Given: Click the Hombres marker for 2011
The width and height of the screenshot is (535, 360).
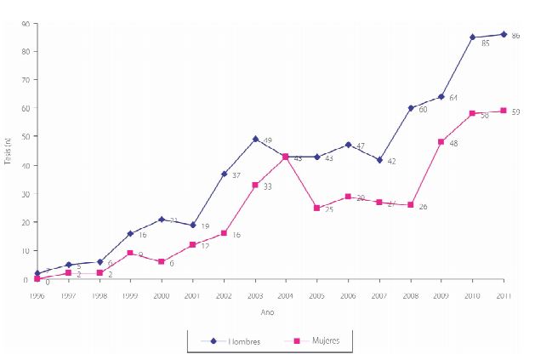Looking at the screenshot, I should tap(504, 34).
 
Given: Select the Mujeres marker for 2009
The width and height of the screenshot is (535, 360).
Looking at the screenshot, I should tap(441, 142).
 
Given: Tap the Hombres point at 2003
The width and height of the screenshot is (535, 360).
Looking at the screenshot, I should tap(255, 139).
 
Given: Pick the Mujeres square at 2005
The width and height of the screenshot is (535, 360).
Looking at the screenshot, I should tap(317, 208).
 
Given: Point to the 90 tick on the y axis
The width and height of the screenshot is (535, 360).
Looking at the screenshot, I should tap(26, 23).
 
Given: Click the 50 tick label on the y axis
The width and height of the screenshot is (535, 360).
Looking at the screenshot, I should tap(26, 136).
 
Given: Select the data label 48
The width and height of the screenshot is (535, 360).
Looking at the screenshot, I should tap(454, 143).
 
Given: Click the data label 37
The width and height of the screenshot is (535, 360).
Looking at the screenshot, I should tap(237, 175).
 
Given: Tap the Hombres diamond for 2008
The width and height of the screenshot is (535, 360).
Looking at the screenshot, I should tap(411, 108).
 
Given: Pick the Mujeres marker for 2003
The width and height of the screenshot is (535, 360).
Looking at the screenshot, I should tap(255, 185).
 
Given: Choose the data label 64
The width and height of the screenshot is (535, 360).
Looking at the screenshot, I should tap(454, 99).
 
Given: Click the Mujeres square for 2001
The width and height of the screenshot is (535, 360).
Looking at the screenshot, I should tap(192, 245).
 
